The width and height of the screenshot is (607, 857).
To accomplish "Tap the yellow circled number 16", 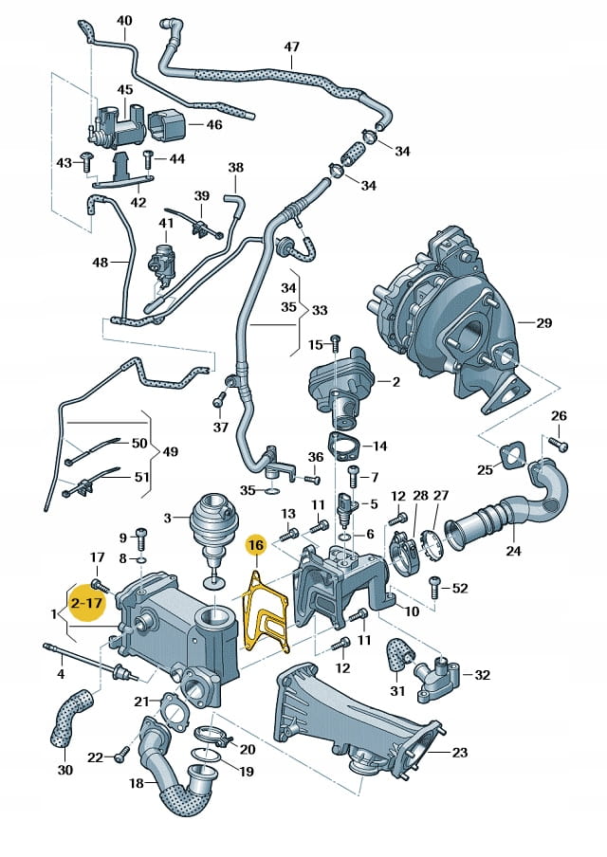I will point(255,545).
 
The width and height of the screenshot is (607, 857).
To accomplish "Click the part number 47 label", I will point(291,46).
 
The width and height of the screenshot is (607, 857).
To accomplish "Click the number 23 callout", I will point(459,754).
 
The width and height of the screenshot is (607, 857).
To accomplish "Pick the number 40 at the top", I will point(125,21).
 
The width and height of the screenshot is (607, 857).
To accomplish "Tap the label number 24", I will point(513,550).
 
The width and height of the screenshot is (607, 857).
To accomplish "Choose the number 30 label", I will point(64,770).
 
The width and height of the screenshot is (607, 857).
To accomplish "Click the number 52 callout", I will point(459,588).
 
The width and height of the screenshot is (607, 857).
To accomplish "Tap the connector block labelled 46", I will point(166,124).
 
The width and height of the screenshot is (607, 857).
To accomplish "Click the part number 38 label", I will point(235,168).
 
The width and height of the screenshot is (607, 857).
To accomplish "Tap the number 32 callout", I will point(482,675).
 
